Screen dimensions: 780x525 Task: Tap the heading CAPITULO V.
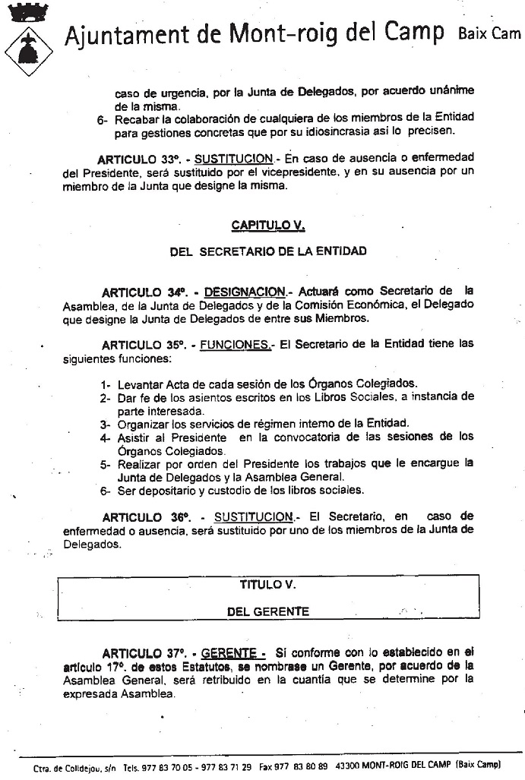pyautogui.click(x=267, y=226)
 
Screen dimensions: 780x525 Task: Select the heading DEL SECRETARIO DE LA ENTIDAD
pyautogui.click(x=267, y=251)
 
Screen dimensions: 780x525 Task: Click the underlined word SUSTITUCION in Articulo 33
pyautogui.click(x=233, y=159)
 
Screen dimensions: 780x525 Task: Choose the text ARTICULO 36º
pyautogui.click(x=146, y=517)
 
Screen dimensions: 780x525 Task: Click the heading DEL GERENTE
pyautogui.click(x=267, y=611)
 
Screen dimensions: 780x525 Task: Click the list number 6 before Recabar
pyautogui.click(x=102, y=120)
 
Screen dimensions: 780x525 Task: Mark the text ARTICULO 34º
pyautogui.click(x=144, y=292)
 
